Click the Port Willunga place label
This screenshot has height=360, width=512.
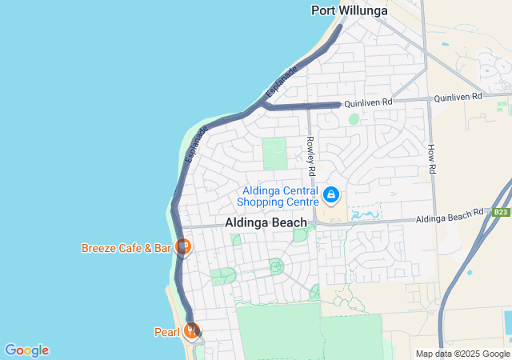point(349,10)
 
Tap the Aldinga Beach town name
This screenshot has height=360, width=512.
point(266,222)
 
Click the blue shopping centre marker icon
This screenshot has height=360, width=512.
point(330,194)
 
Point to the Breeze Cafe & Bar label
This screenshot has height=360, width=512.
point(126,248)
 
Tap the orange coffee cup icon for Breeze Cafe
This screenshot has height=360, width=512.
point(183,246)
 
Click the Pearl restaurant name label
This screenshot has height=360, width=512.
point(167,331)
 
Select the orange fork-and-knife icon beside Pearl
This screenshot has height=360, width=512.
point(191,330)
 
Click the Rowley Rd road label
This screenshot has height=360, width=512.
point(311,155)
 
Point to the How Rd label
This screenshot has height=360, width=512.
point(431,159)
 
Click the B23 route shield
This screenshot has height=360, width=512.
point(501,212)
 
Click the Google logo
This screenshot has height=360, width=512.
point(26,350)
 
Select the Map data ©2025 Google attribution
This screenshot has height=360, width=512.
point(462,354)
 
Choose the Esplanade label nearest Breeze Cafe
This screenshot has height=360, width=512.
point(197,144)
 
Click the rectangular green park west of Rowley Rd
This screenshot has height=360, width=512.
point(274,154)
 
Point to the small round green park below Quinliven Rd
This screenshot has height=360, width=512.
point(354,119)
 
